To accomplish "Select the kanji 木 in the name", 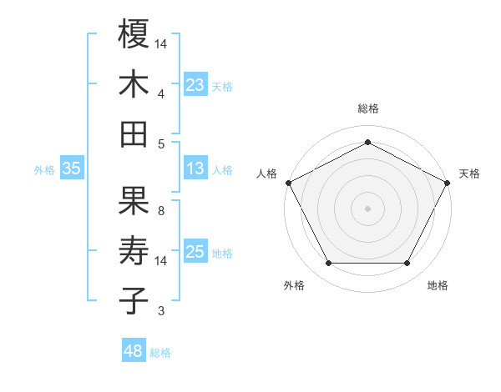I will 134,84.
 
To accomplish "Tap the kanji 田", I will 134,134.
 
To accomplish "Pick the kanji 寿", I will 134,251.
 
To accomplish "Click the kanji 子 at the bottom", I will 134,301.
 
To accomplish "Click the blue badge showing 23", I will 195,84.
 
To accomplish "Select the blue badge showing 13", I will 195,168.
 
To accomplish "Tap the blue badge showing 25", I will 195,252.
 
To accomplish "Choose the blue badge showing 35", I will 72,168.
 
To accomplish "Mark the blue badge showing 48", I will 134,351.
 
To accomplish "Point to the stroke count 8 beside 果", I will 161,209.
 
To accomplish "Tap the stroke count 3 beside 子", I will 161,311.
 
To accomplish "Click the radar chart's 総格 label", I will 367,108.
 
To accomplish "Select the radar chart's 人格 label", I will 267,173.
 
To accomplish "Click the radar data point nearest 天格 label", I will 448,182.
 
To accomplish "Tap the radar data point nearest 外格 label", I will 328,264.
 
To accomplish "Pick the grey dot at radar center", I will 367,208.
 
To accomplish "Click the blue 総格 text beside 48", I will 160,353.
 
